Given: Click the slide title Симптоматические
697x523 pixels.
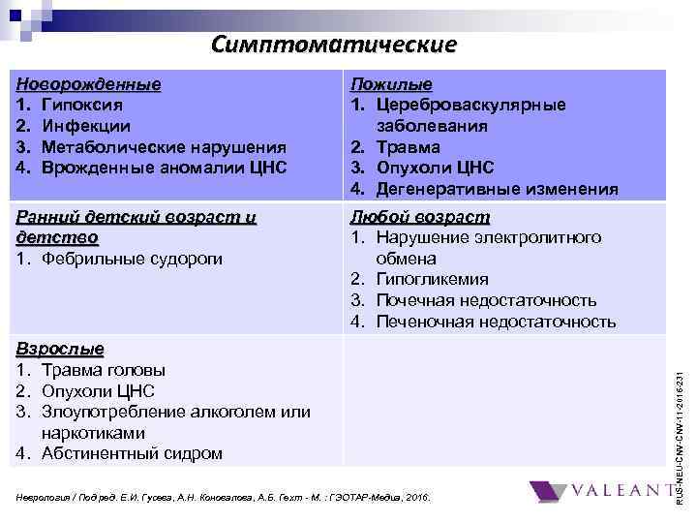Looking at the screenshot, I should click(333, 45).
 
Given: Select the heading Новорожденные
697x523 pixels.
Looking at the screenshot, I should click(89, 84).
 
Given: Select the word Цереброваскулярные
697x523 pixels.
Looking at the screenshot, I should click(471, 105).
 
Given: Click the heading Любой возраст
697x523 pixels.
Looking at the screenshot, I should click(419, 217).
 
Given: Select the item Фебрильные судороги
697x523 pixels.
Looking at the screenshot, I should click(132, 259).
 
